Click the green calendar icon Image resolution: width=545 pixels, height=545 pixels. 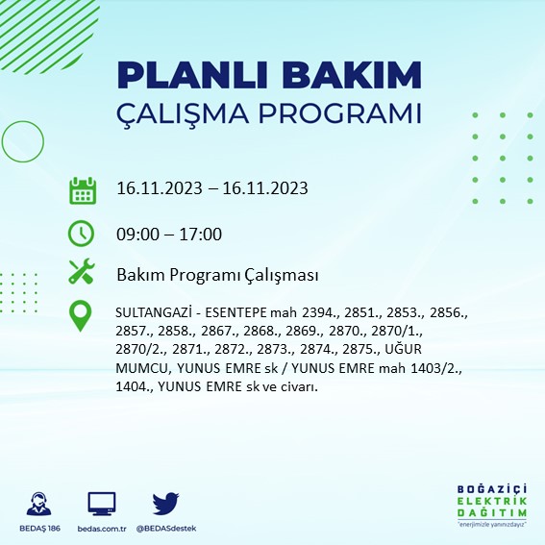[x=82, y=189]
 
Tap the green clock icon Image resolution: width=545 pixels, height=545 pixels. [x=82, y=233]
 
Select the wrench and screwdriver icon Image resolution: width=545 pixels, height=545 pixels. [x=82, y=273]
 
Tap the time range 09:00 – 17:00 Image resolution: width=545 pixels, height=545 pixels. [x=169, y=234]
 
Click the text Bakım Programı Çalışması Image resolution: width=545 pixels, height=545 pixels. [x=217, y=275]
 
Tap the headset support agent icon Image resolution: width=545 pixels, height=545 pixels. [x=39, y=504]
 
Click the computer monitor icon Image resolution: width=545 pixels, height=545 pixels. [x=101, y=503]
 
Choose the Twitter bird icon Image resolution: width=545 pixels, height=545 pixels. [x=166, y=503]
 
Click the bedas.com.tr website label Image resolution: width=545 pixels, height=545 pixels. [x=101, y=528]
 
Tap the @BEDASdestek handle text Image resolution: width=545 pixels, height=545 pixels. [x=166, y=528]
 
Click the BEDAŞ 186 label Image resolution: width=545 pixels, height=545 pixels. [x=39, y=528]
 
